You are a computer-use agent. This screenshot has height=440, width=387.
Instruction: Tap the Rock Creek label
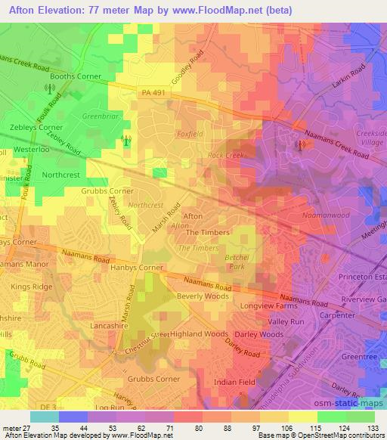(225, 156)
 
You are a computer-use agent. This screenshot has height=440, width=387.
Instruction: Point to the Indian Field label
(235, 383)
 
